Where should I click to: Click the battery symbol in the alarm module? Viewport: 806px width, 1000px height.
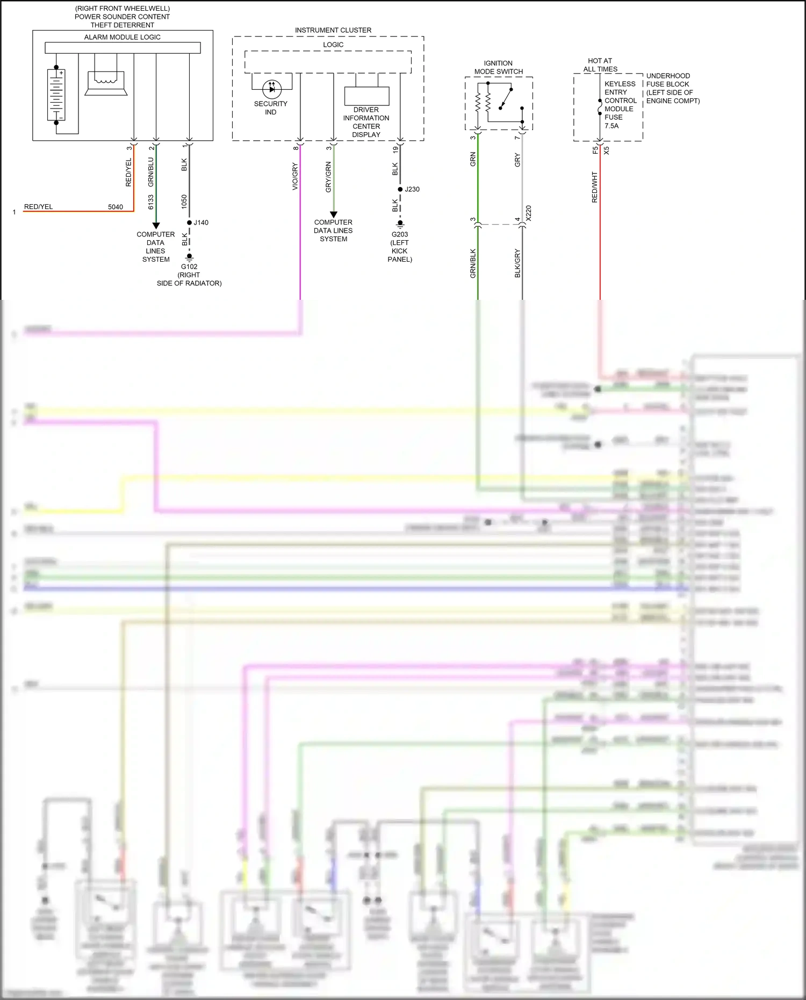[56, 95]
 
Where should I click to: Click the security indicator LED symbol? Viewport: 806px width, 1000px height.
[272, 89]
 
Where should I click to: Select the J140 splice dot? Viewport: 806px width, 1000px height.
[189, 222]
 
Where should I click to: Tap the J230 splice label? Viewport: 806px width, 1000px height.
[412, 189]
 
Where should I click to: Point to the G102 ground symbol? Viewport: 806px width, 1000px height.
[189, 257]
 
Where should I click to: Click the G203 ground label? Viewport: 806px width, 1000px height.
[400, 234]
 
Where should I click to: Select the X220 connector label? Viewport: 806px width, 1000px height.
[529, 213]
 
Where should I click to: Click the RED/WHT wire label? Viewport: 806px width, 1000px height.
[595, 187]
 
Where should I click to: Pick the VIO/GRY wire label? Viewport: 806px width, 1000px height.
[295, 176]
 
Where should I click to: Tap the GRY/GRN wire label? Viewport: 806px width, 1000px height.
[328, 177]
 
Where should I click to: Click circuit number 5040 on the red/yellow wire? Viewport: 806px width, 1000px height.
[116, 207]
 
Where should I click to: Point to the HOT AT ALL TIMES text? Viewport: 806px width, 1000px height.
[600, 65]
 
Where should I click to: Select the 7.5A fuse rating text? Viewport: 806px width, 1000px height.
[611, 126]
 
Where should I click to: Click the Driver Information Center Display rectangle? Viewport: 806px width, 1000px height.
[366, 96]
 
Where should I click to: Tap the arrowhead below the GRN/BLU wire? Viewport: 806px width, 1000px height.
[156, 226]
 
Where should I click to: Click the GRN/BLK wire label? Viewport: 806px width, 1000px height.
[473, 263]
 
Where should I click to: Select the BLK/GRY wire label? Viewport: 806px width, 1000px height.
[517, 263]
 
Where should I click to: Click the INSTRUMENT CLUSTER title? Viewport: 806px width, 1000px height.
[333, 30]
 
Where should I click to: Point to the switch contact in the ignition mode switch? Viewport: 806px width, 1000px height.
[506, 99]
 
